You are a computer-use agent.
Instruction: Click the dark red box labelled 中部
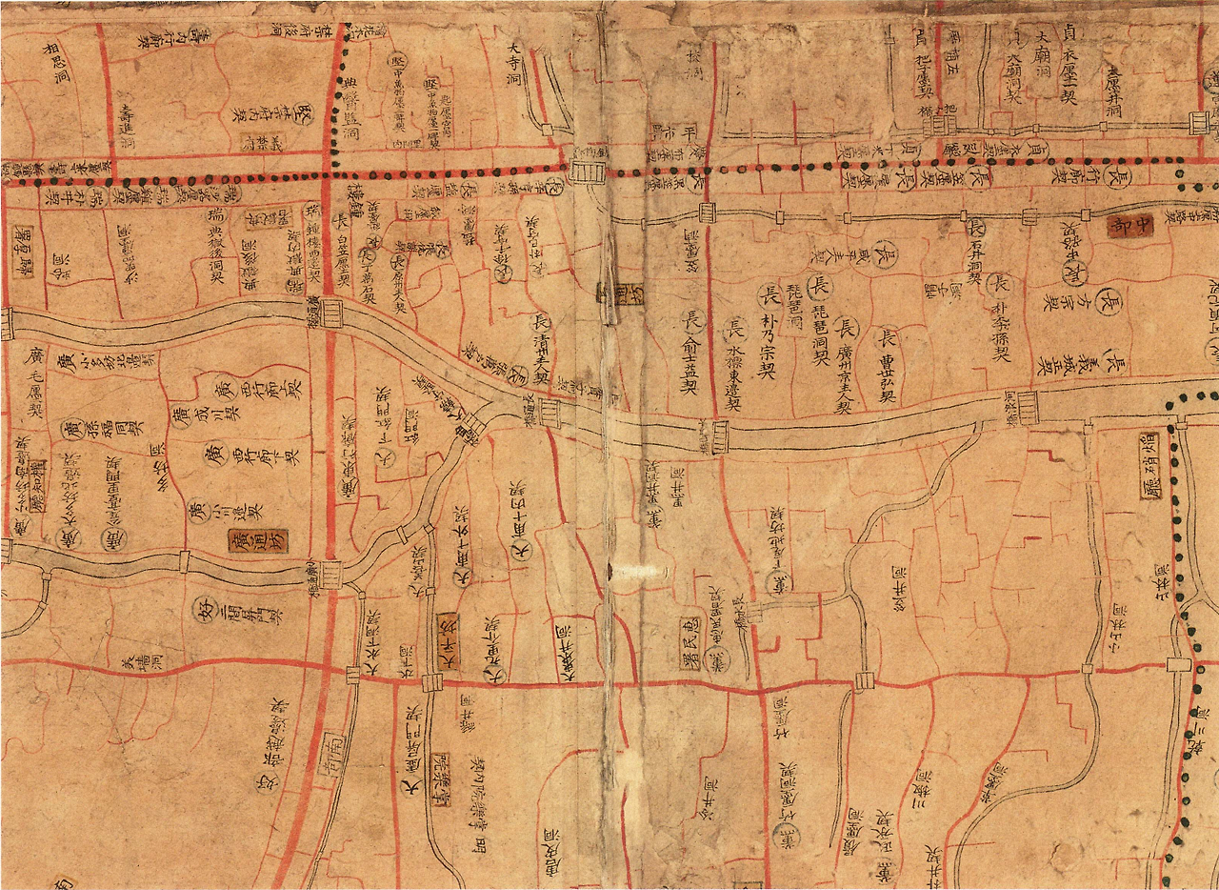tap(1129, 226)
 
